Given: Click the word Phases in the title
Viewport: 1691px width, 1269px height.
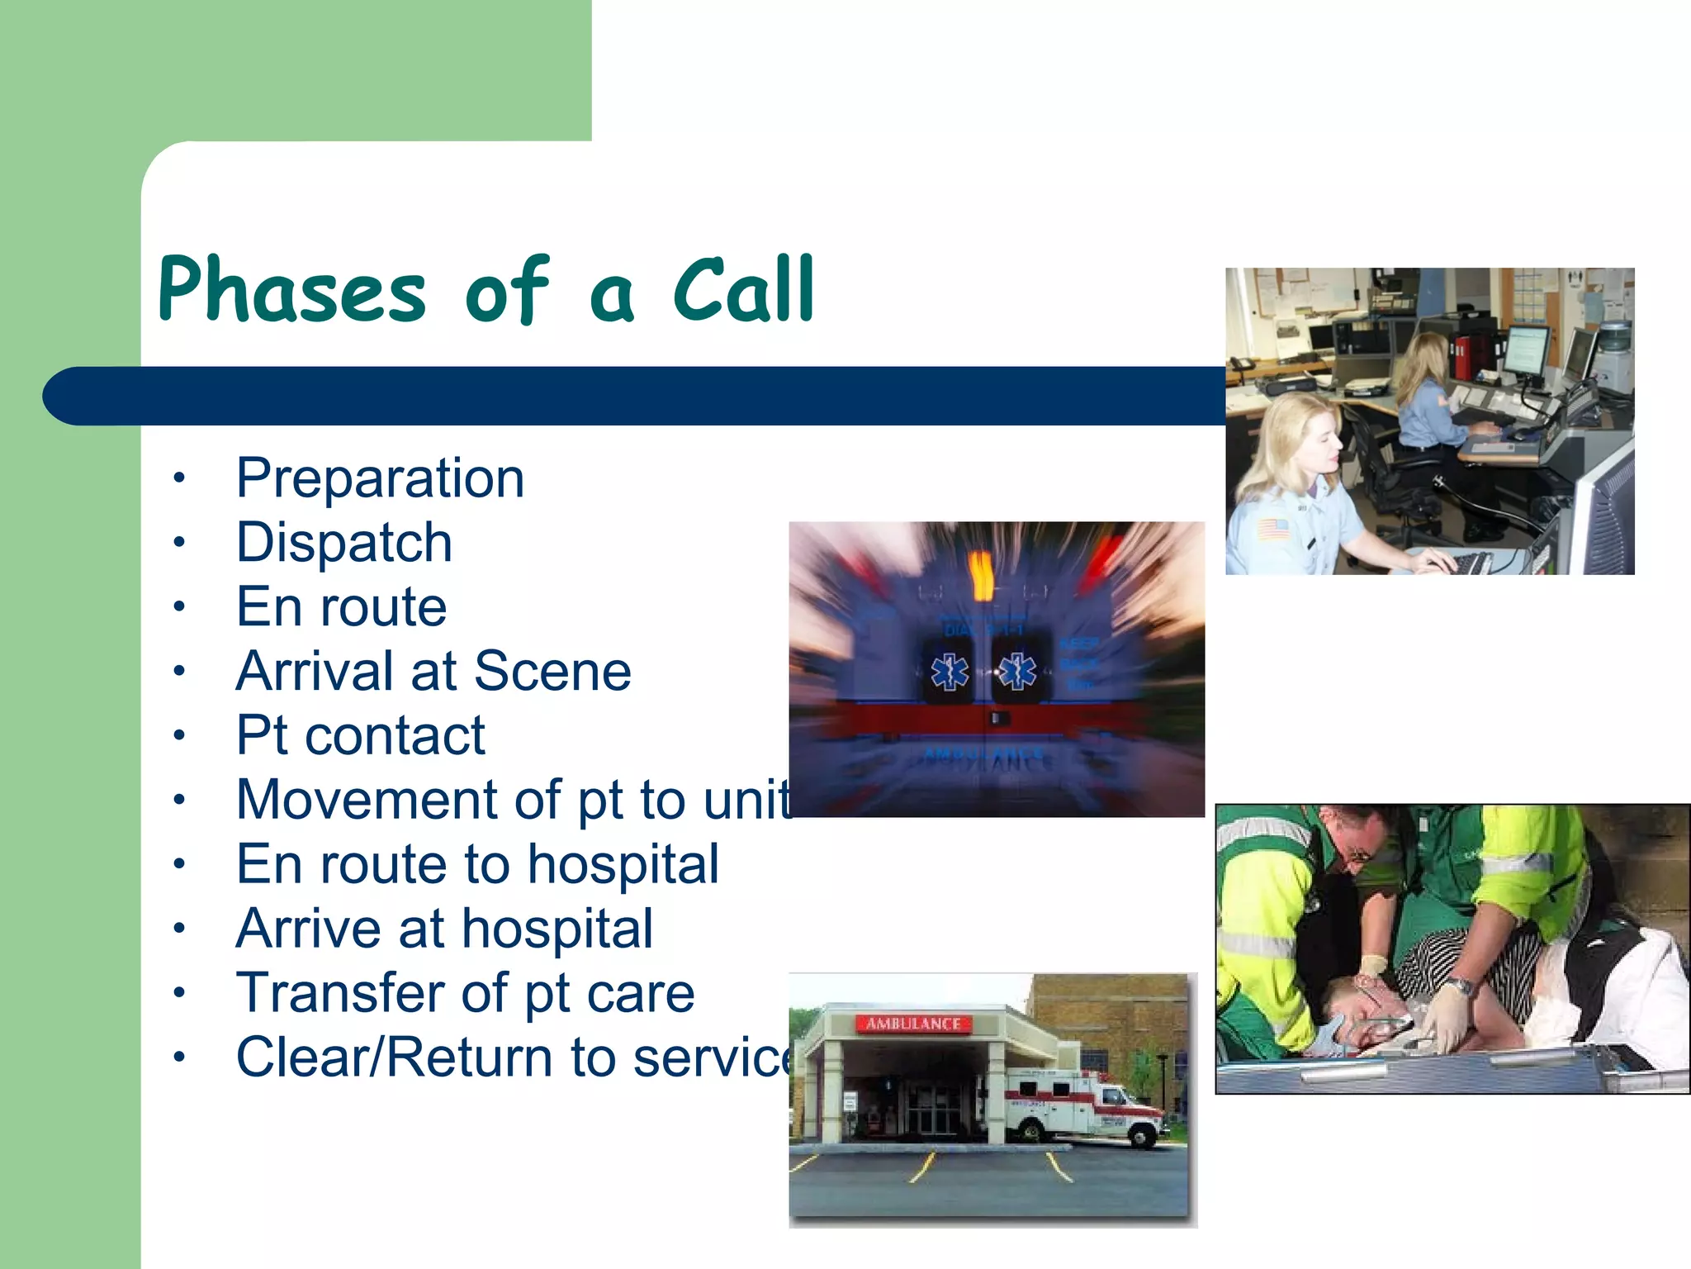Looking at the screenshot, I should tap(291, 291).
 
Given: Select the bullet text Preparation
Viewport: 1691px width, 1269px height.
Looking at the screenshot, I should tap(380, 478).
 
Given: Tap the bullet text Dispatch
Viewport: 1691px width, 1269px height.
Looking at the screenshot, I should tap(343, 543).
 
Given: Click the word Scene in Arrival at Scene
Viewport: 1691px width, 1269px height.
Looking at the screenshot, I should tap(552, 671).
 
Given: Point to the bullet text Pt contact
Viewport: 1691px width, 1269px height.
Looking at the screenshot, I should tap(360, 735).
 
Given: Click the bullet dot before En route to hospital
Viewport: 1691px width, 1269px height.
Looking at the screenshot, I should tap(179, 864).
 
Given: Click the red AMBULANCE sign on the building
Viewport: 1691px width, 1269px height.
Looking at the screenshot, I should tap(912, 1024).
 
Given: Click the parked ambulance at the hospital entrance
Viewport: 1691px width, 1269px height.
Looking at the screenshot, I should tap(1082, 1107).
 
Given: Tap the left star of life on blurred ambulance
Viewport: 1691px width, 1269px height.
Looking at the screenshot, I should tap(949, 672).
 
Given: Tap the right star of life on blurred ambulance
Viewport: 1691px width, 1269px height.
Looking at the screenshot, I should tap(1017, 672).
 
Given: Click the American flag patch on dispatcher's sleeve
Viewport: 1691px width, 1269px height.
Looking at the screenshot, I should tap(1272, 529).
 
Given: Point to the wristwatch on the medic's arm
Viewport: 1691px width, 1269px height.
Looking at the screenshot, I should tap(1460, 986).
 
